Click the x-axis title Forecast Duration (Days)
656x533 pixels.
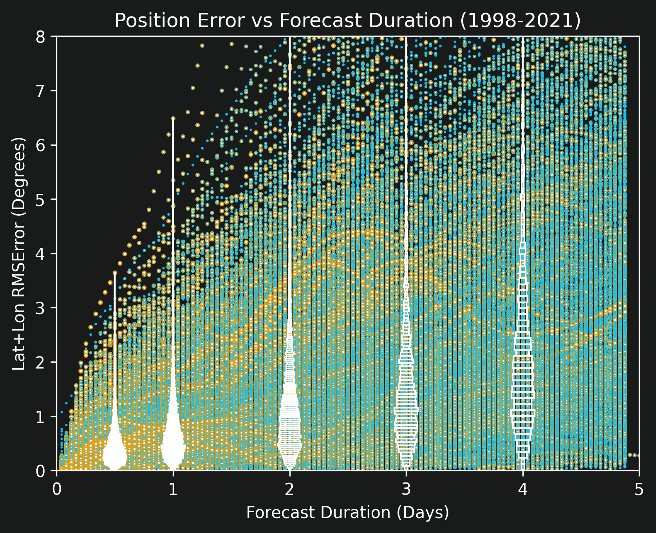click(x=348, y=513)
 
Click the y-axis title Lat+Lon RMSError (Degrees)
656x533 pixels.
click(x=19, y=253)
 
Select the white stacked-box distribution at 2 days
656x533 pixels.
click(x=290, y=423)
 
